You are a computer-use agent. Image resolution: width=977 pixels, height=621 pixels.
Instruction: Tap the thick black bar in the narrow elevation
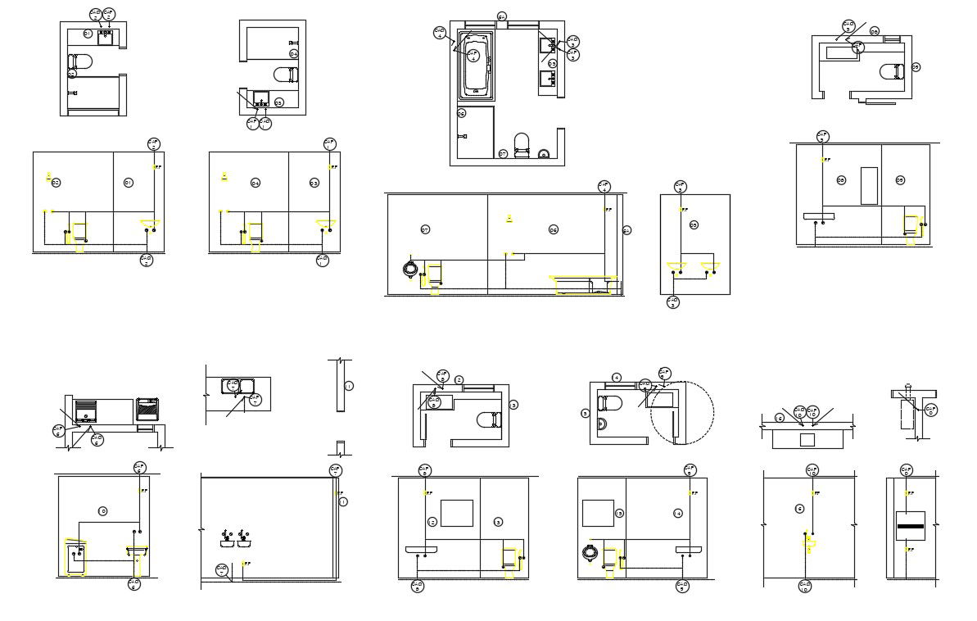[x=910, y=525]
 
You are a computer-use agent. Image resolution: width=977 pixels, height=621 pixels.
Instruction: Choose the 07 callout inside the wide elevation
[x=424, y=229]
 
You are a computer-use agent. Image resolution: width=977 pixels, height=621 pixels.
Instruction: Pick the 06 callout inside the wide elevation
[x=553, y=229]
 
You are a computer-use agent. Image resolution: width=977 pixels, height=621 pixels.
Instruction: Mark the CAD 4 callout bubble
[x=440, y=33]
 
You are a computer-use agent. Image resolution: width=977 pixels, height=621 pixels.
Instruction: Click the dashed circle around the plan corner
[x=682, y=413]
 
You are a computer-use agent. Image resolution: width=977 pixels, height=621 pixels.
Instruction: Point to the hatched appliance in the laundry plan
[x=147, y=407]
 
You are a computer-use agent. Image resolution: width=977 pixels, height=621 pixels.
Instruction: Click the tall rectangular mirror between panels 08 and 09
[x=869, y=185]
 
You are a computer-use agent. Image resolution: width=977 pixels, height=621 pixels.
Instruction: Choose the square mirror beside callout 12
[x=456, y=513]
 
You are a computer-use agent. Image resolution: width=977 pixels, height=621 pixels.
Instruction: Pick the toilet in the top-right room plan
[x=893, y=71]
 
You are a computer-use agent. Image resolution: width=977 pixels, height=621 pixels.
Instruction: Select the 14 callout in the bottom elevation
[x=678, y=513]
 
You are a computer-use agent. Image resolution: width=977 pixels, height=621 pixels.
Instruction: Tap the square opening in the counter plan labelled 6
[x=807, y=440]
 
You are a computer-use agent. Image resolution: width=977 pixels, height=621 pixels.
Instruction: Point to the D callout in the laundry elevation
[x=102, y=511]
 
